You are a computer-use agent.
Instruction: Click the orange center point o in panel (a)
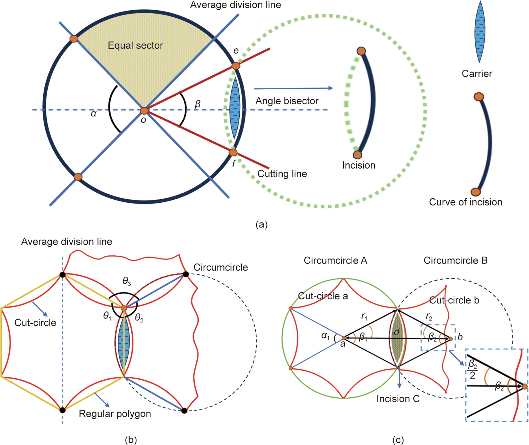tap(144, 111)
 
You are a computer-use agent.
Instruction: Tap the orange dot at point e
tap(236, 66)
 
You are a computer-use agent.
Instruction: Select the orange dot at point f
tap(233, 152)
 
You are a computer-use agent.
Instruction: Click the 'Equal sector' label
tap(135, 45)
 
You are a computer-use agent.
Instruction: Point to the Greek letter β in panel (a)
tap(197, 104)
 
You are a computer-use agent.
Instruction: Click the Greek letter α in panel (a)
tap(94, 114)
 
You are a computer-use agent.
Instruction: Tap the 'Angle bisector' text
tap(287, 101)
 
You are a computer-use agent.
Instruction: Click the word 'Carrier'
tap(477, 74)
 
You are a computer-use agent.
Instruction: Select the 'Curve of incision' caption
tap(466, 202)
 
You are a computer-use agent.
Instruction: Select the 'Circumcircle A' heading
tap(335, 260)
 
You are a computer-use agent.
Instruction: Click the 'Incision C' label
tap(398, 399)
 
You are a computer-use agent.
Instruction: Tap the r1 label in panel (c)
tap(364, 317)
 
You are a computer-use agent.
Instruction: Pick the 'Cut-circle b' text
tap(454, 300)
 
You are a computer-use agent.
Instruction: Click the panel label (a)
tap(262, 224)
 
